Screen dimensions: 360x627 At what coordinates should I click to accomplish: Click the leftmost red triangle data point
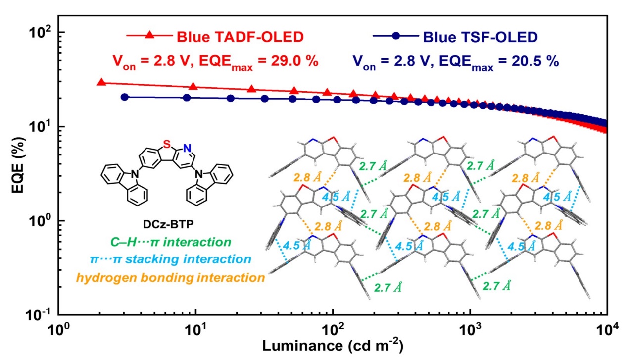(x=101, y=82)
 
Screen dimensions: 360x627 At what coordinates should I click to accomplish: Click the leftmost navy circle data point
(x=125, y=97)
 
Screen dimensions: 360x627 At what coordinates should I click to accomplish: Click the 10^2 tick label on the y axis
(x=41, y=33)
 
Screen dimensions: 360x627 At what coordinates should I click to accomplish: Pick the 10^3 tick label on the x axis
(x=470, y=328)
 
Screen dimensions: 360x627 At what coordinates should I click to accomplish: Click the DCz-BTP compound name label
(x=165, y=224)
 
